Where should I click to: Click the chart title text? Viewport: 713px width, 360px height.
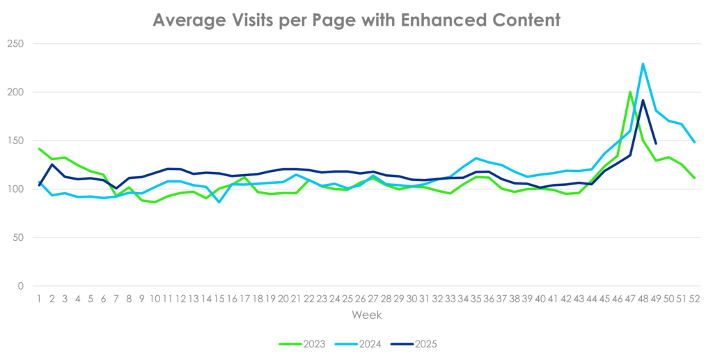356,20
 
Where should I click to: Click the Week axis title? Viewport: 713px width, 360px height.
366,315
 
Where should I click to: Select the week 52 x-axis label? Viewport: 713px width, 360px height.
694,298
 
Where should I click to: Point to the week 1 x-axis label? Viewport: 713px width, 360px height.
39,298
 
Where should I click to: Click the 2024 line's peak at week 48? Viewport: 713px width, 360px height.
643,63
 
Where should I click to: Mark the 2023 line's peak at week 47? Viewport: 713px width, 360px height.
630,92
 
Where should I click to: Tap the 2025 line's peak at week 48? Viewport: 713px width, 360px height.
643,99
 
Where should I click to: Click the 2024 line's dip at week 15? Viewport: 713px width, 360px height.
219,203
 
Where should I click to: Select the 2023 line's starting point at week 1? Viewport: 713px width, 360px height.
39,148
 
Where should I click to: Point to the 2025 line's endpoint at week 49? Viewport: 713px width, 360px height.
656,144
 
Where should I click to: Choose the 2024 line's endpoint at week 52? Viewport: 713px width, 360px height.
694,142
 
